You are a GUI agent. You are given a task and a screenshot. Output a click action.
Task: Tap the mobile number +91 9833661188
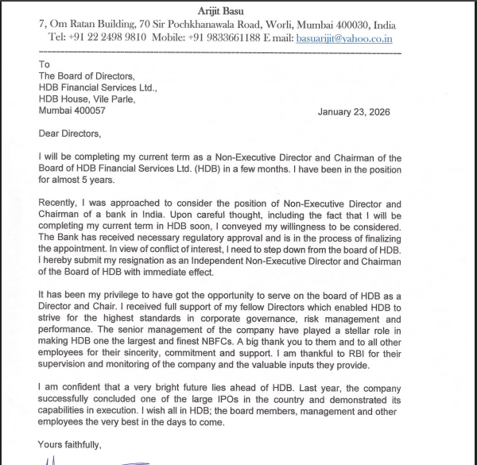click(x=221, y=37)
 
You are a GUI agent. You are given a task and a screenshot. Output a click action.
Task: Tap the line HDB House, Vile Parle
click(x=87, y=99)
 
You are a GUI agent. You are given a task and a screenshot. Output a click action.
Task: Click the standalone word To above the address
click(x=45, y=64)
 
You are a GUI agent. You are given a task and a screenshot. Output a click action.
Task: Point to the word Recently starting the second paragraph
click(x=62, y=204)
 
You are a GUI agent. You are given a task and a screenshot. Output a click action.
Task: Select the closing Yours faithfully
click(x=70, y=444)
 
